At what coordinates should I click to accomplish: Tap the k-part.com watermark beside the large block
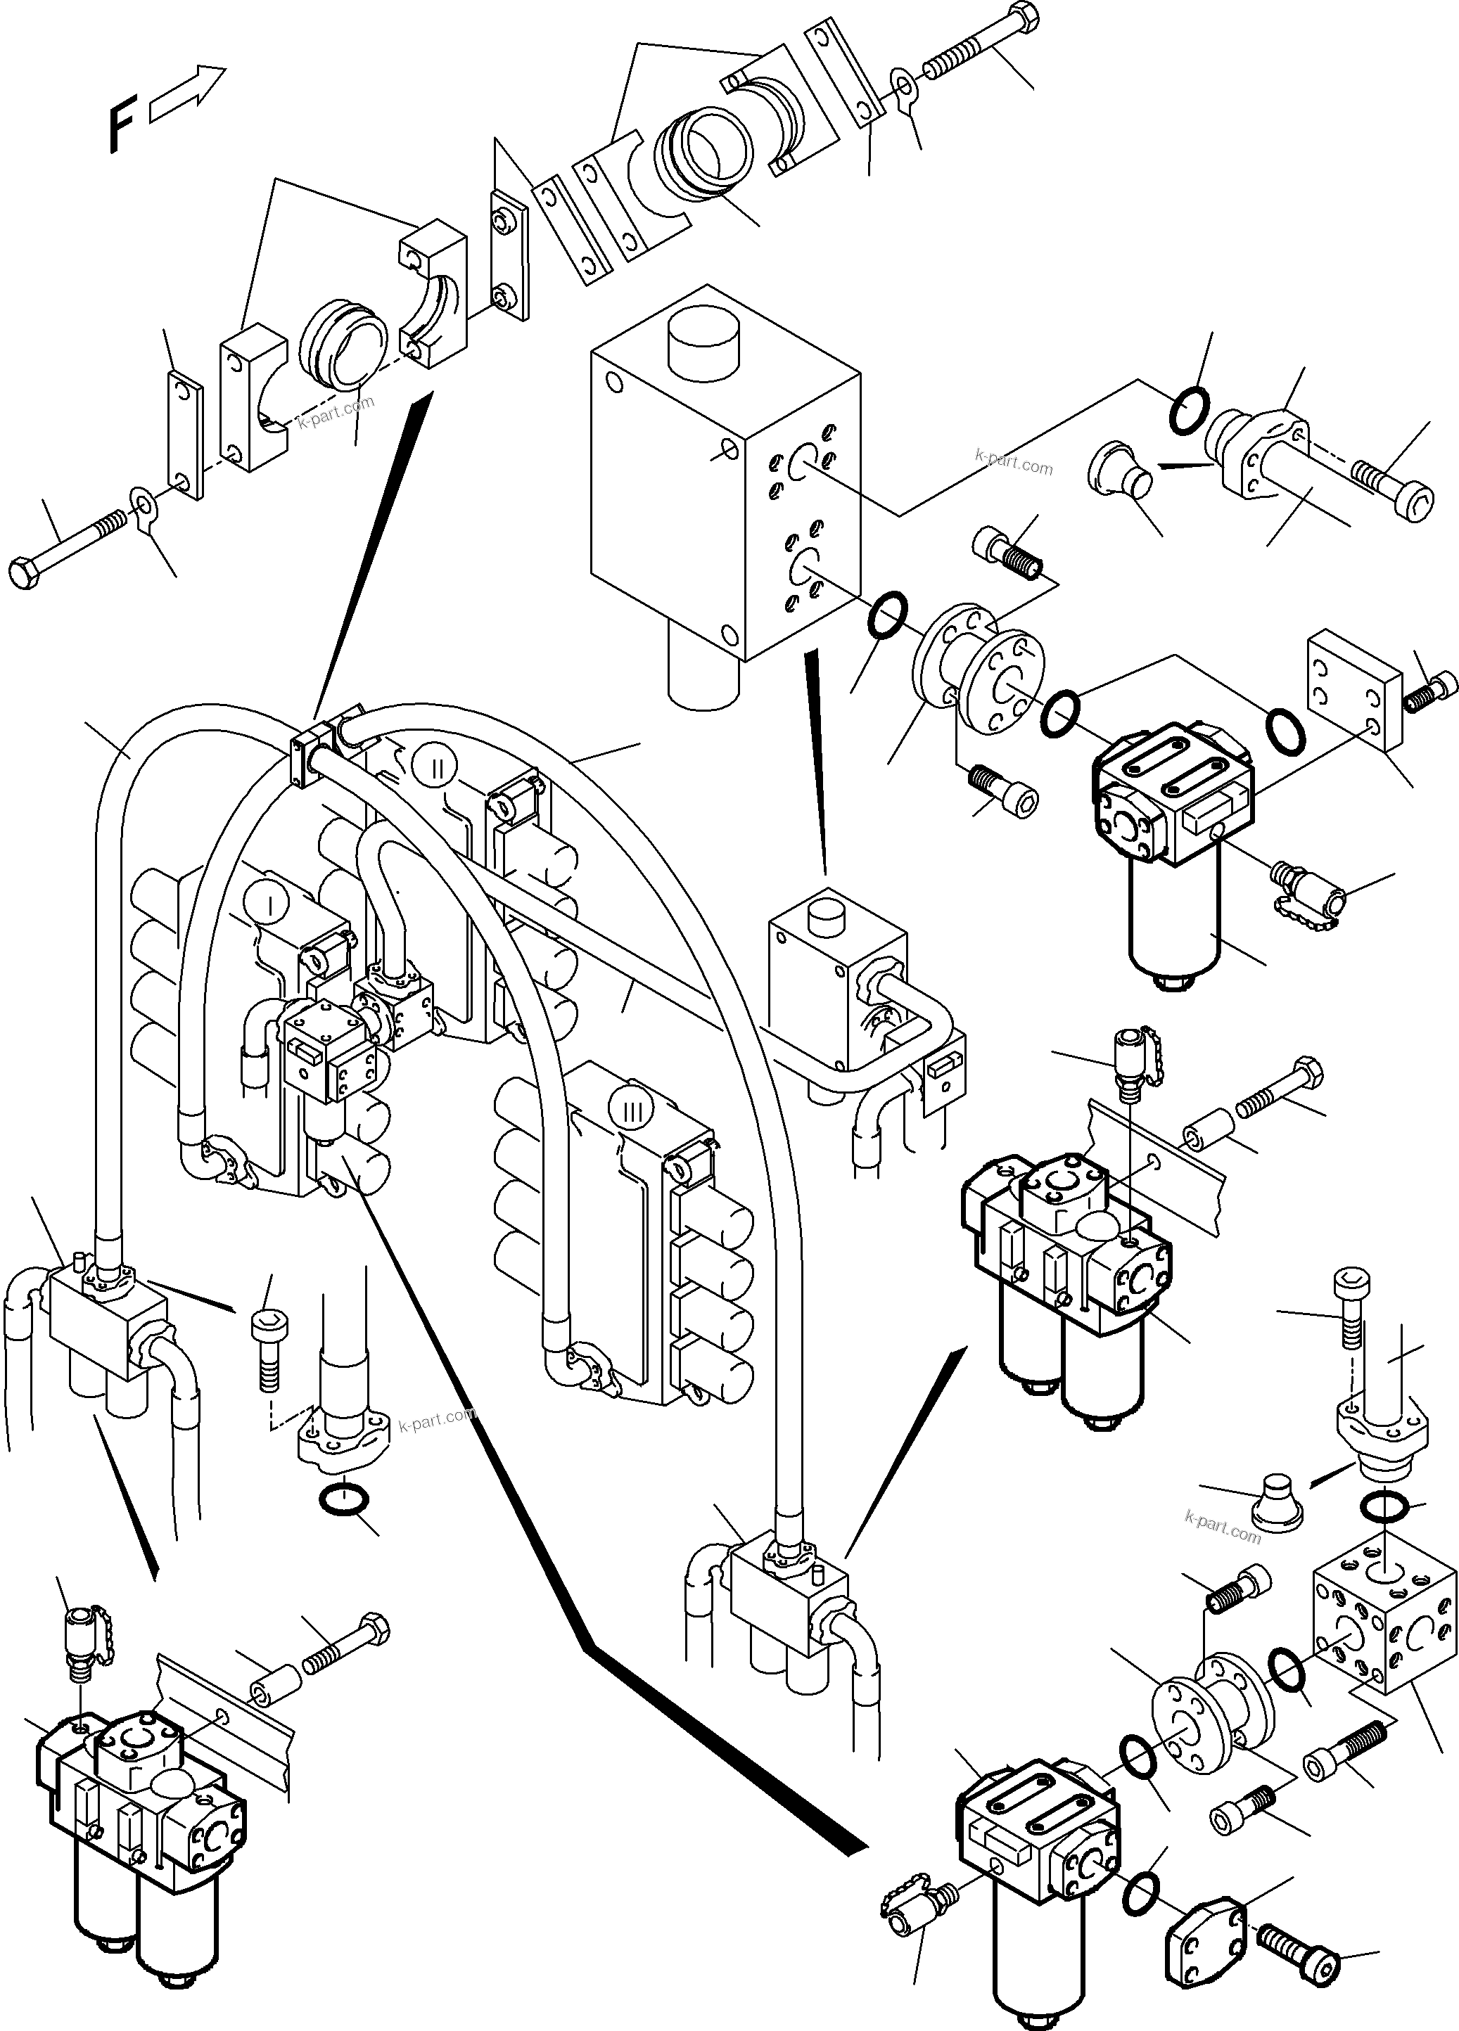coord(1013,464)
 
